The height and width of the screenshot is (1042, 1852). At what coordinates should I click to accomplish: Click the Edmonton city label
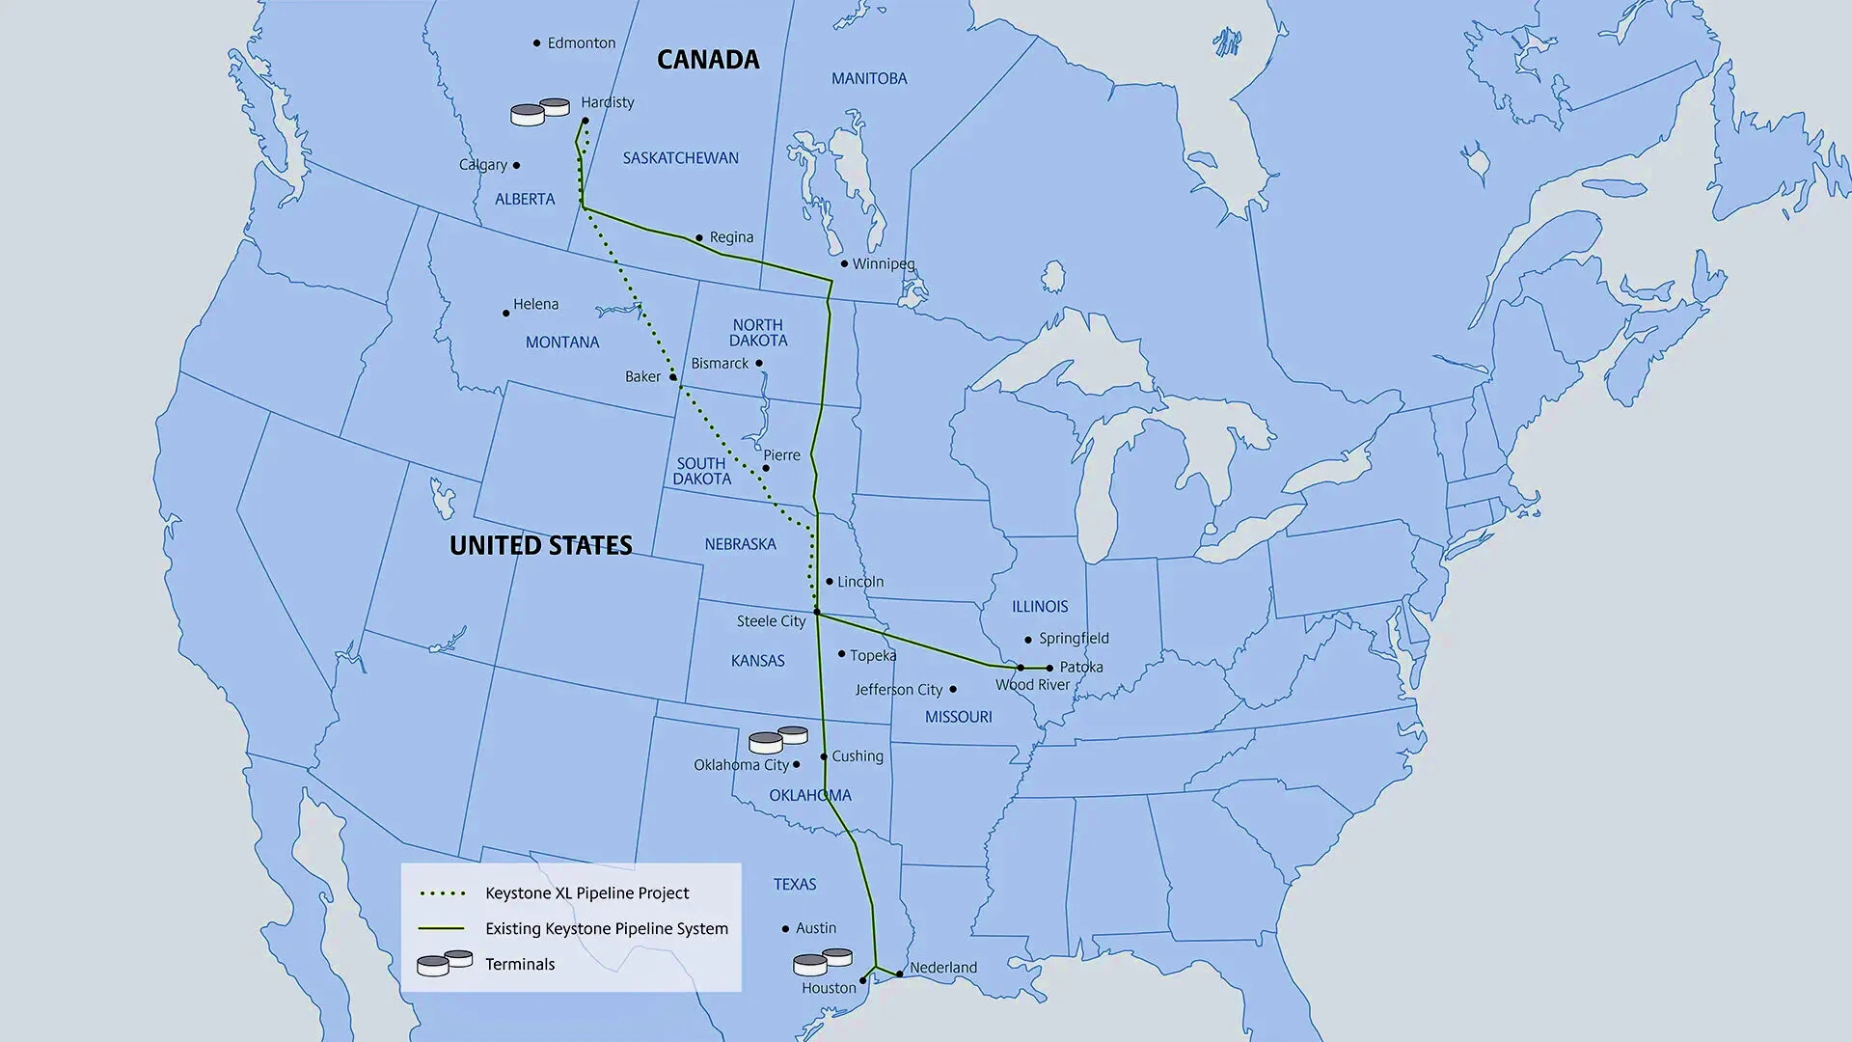click(x=581, y=43)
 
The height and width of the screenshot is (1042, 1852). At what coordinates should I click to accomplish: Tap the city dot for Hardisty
click(x=585, y=121)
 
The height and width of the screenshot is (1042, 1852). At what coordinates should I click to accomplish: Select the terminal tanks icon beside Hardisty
click(x=539, y=112)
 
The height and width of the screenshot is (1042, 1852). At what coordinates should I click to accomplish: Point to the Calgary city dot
click(x=516, y=166)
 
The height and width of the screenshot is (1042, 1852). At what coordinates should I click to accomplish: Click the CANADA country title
click(x=708, y=60)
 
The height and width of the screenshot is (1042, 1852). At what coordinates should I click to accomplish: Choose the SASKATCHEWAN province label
click(x=680, y=158)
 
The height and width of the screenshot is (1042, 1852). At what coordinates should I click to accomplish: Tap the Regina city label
click(x=731, y=237)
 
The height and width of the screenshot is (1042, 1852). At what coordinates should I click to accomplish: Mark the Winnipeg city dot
click(x=844, y=263)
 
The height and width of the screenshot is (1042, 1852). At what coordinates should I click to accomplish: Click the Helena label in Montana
click(x=535, y=305)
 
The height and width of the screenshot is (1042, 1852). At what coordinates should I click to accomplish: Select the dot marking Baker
click(x=673, y=377)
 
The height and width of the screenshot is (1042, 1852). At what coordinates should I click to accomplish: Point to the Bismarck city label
click(x=720, y=364)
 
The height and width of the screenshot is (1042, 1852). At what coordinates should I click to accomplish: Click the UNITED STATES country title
click(x=540, y=546)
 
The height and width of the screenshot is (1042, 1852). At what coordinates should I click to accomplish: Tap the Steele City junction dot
click(x=817, y=612)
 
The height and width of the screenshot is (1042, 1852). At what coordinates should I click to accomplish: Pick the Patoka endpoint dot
click(x=1049, y=668)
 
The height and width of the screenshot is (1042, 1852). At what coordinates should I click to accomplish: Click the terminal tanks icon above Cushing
click(x=777, y=739)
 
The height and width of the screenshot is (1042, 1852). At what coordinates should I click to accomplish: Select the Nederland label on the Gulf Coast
click(x=943, y=968)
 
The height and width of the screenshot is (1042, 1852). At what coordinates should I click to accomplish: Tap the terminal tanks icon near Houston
click(x=822, y=962)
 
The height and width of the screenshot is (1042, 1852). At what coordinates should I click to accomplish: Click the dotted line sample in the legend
click(x=443, y=893)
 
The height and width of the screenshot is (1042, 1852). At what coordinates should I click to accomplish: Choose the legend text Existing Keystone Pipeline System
click(x=607, y=929)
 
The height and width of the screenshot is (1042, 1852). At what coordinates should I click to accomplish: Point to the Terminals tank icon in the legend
click(x=445, y=963)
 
